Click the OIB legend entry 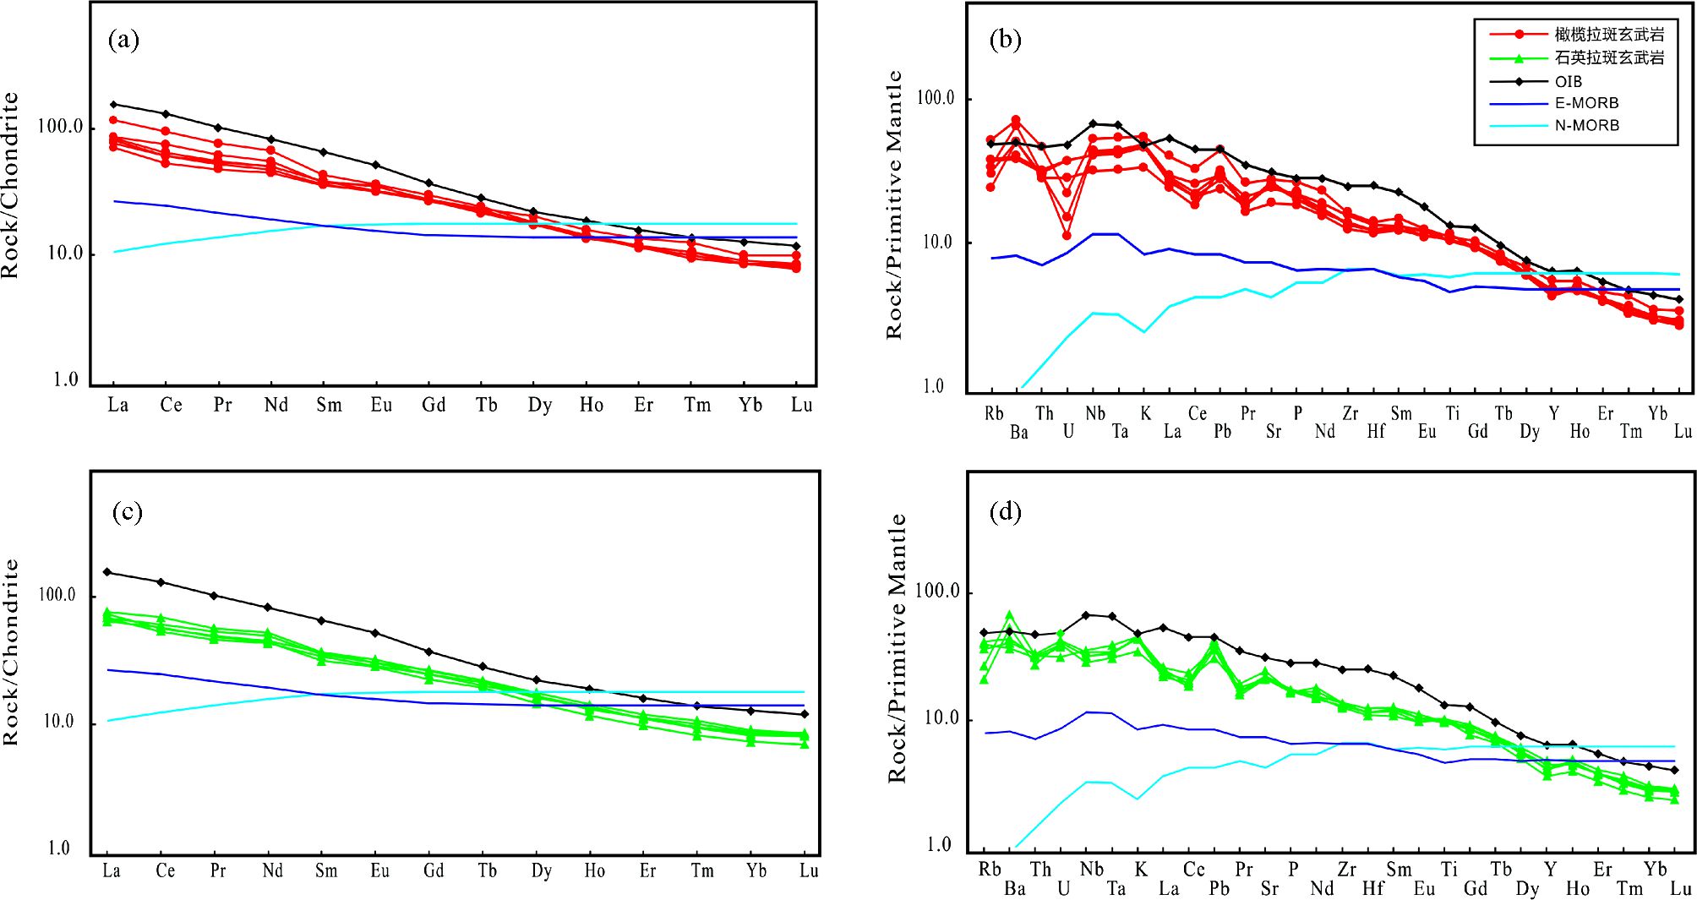pyautogui.click(x=1568, y=82)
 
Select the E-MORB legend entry pyautogui.click(x=1586, y=103)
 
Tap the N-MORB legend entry pyautogui.click(x=1586, y=125)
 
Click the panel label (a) pyautogui.click(x=123, y=40)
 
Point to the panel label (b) pyautogui.click(x=1005, y=40)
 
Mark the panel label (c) pyautogui.click(x=127, y=511)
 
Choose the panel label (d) pyautogui.click(x=1005, y=511)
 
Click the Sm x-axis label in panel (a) pyautogui.click(x=329, y=405)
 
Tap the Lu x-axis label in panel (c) pyautogui.click(x=809, y=870)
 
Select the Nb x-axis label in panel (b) pyautogui.click(x=1094, y=413)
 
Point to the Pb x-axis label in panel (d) pyautogui.click(x=1220, y=888)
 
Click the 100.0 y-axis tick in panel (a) pyautogui.click(x=61, y=128)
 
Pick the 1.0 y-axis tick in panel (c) pyautogui.click(x=58, y=848)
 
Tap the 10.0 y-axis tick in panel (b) pyautogui.click(x=937, y=243)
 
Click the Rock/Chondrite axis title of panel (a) pyautogui.click(x=10, y=186)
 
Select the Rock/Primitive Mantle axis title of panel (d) pyautogui.click(x=897, y=649)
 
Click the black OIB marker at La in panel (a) pyautogui.click(x=113, y=105)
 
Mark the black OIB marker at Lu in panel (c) pyautogui.click(x=805, y=714)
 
